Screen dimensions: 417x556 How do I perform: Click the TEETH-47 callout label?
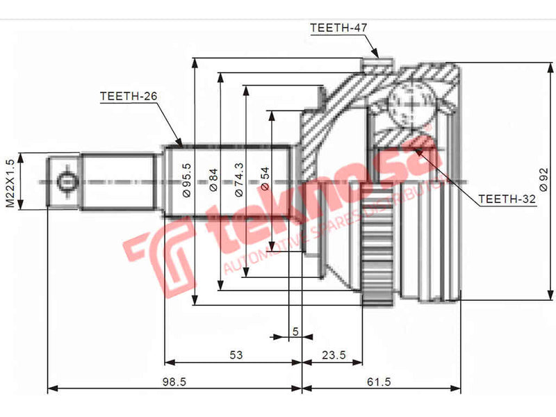[338, 28]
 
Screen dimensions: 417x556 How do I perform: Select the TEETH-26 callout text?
[128, 96]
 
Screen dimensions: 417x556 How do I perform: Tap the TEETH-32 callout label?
[507, 199]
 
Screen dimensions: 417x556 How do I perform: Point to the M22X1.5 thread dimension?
[10, 183]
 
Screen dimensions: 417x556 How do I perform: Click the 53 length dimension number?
[236, 355]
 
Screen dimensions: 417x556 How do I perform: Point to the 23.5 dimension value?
[334, 355]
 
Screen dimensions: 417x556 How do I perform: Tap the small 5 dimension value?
[295, 331]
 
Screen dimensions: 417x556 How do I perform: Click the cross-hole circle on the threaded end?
[66, 182]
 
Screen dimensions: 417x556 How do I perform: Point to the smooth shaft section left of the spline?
[118, 182]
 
